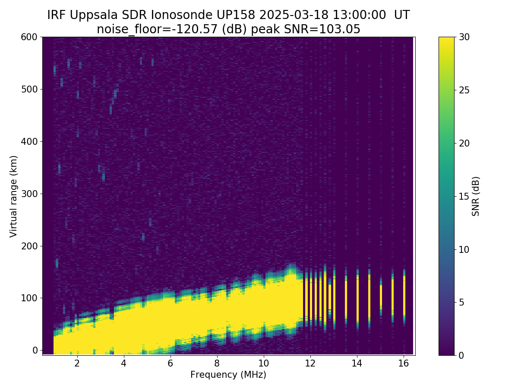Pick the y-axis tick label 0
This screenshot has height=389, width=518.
(x=35, y=350)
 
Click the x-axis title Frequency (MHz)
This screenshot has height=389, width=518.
(x=228, y=375)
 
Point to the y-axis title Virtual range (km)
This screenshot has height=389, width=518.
(x=14, y=196)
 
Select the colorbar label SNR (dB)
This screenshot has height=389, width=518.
(x=476, y=196)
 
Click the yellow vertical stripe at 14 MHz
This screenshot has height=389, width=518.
(x=357, y=298)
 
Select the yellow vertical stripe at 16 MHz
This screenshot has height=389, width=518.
(x=404, y=298)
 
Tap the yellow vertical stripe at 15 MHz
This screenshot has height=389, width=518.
(x=381, y=296)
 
